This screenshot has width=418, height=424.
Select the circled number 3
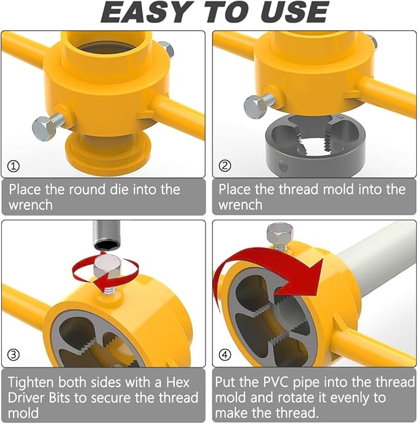14,356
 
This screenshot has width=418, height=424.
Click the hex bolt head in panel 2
254,107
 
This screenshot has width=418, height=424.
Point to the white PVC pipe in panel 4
376,258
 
